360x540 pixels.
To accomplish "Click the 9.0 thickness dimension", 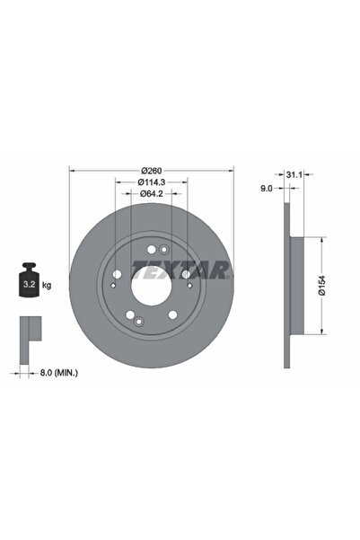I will click(x=267, y=189).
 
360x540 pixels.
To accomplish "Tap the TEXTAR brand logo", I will click(x=181, y=269).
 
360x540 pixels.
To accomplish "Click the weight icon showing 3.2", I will click(x=27, y=284).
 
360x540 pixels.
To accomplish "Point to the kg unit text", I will click(x=47, y=285).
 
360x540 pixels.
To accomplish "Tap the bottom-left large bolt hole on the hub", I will click(x=130, y=314).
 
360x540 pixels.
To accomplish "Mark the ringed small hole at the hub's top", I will click(x=163, y=251).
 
